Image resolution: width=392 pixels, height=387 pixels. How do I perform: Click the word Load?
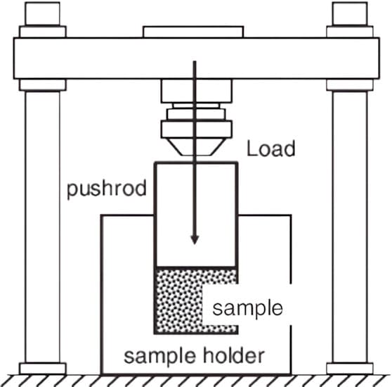point(271,149)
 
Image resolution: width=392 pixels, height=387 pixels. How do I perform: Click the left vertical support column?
point(42,225)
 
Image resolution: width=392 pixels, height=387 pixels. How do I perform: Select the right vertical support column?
point(350,225)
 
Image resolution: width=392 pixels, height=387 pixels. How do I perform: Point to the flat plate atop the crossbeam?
point(193,32)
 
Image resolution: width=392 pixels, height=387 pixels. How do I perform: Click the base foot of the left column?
point(42,367)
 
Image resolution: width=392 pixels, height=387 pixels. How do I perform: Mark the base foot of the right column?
point(350,367)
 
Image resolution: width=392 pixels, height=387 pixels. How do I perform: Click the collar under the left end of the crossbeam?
point(42,85)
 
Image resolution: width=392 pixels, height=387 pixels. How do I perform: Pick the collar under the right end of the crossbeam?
point(350,85)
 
